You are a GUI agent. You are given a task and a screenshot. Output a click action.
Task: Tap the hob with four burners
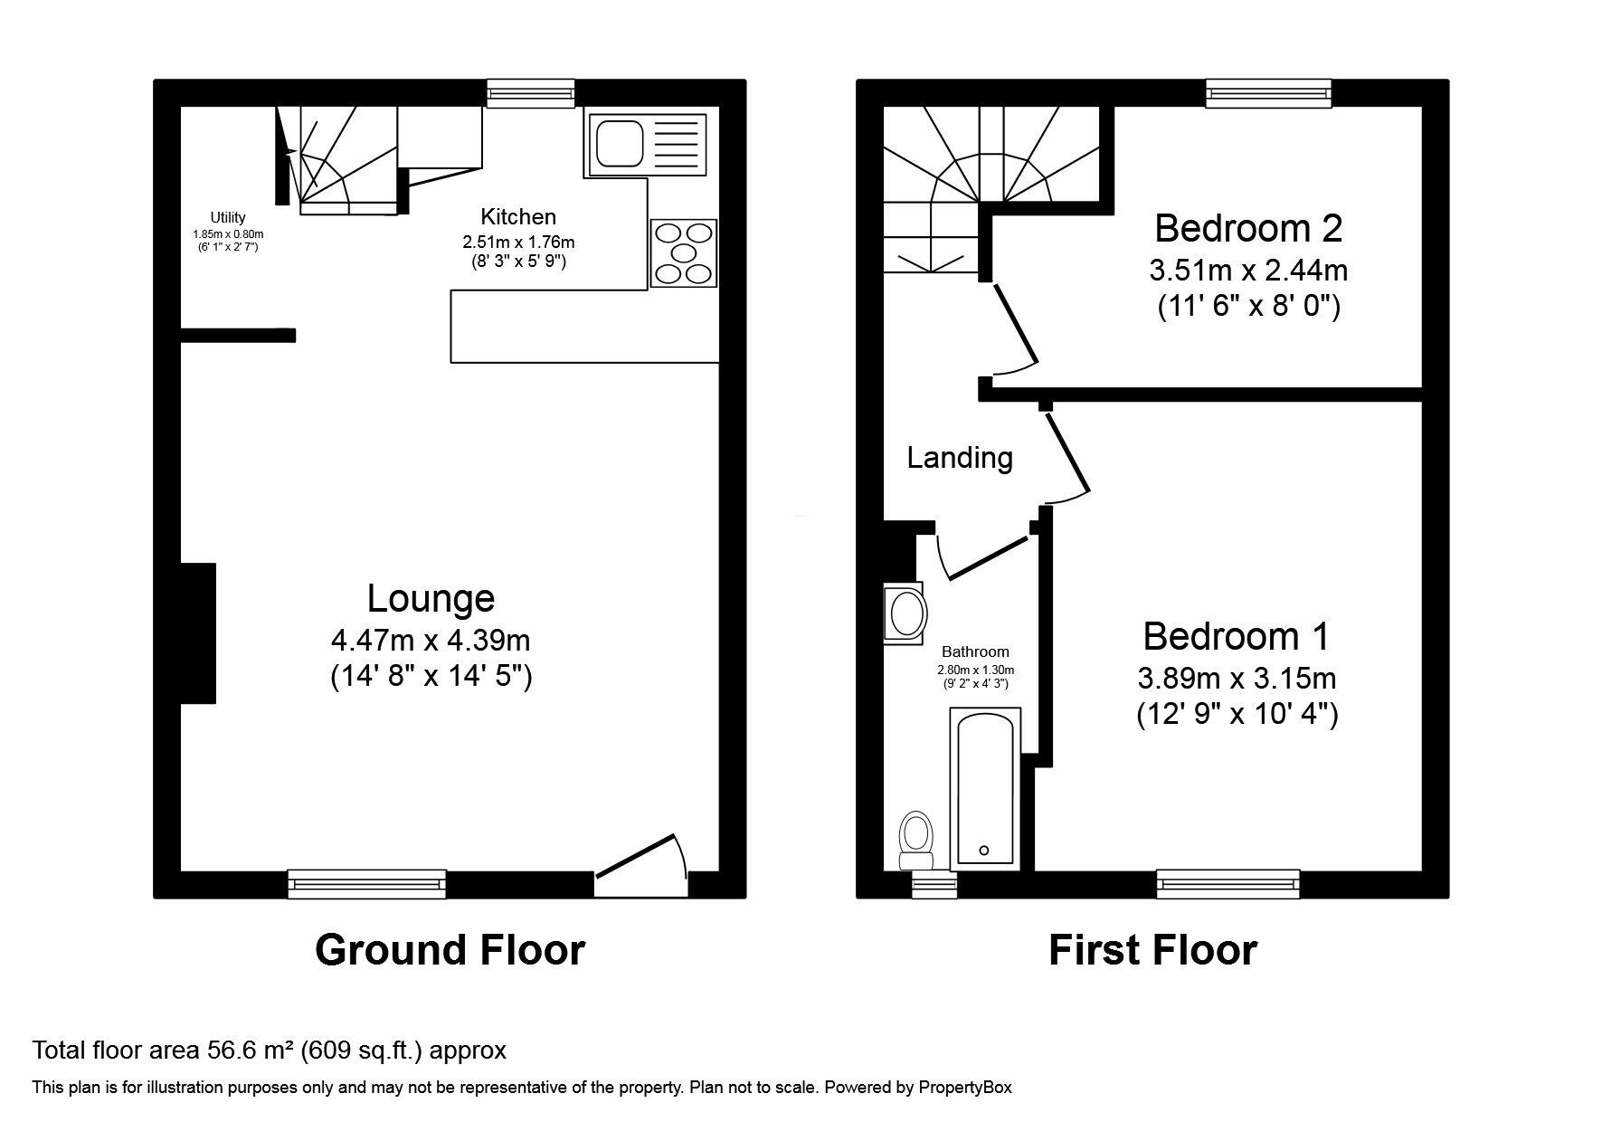click(x=683, y=252)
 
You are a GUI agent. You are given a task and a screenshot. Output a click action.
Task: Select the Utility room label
click(x=228, y=217)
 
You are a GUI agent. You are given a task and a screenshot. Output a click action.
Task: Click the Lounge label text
click(x=431, y=599)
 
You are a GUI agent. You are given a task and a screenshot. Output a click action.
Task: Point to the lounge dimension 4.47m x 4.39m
click(x=431, y=641)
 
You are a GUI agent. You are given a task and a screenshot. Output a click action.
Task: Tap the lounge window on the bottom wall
click(x=366, y=884)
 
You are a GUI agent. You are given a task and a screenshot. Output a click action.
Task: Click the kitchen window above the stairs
click(x=530, y=93)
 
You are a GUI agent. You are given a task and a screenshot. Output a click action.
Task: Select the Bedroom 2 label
click(x=1248, y=228)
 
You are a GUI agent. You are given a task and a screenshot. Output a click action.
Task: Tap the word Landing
click(x=960, y=458)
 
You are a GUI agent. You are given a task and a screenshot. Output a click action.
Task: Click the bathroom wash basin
click(x=906, y=613)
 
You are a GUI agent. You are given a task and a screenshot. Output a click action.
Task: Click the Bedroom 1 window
click(x=1228, y=884)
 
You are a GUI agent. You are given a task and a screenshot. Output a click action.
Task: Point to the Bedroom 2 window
click(x=1268, y=93)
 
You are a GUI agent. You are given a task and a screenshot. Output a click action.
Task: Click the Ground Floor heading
click(x=450, y=950)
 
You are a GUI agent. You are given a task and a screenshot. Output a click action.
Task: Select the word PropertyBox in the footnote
click(x=965, y=1088)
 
